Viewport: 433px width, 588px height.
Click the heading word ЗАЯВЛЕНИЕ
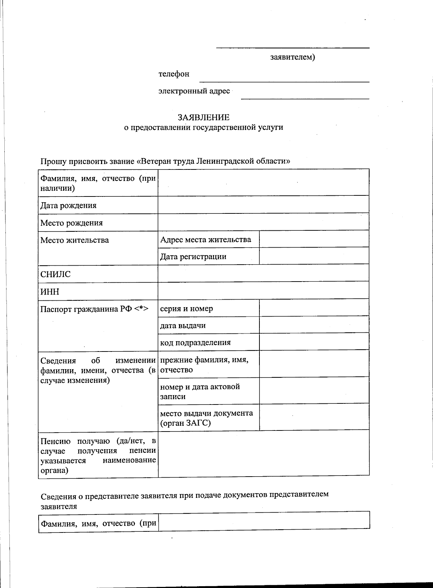point(203,118)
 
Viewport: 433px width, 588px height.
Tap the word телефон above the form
point(174,74)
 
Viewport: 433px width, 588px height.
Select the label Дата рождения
point(68,205)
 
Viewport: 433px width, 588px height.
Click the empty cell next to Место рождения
point(263,222)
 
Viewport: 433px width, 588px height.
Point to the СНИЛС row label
point(55,274)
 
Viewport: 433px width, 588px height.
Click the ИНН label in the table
point(50,292)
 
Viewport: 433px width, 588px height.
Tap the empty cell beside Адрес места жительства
point(314,239)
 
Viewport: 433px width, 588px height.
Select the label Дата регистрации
point(193,257)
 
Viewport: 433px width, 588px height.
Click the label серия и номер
point(186,309)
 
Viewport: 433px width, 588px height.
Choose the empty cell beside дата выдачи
point(314,325)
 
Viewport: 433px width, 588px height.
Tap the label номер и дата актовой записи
point(200,392)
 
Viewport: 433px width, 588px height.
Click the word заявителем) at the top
point(293,57)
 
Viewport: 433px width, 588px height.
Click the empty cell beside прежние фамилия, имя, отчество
point(314,364)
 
